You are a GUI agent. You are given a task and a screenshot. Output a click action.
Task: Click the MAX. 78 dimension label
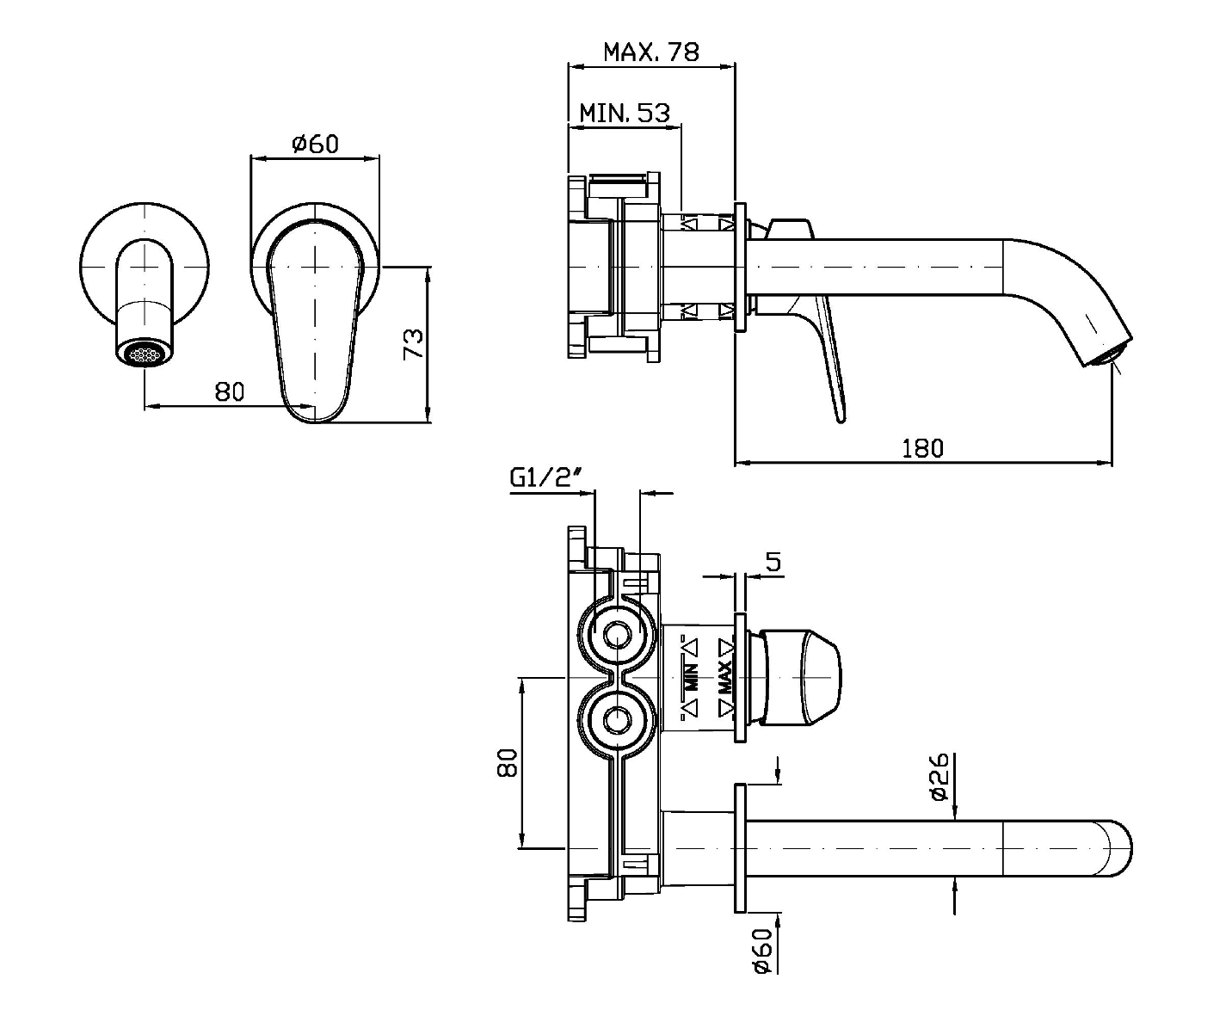point(650,52)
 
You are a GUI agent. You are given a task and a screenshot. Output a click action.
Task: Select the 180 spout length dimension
point(922,448)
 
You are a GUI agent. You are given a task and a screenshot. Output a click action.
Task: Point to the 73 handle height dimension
point(414,344)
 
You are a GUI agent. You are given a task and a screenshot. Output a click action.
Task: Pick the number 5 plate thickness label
point(773,563)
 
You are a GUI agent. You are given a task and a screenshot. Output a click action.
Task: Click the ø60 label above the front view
point(315,144)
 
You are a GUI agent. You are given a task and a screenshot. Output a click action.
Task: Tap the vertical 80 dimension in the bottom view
point(508,763)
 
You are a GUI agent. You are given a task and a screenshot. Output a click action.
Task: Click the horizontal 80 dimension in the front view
point(229,392)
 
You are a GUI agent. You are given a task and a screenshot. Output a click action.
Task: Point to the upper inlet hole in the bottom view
point(616,636)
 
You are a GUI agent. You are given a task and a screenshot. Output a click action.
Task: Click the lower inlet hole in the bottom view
point(616,718)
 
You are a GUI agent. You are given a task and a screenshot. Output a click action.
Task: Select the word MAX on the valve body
point(724,678)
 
